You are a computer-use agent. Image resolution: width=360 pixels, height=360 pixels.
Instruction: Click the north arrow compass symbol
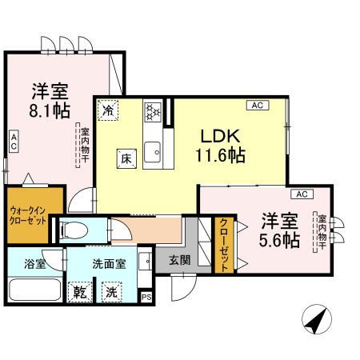click(315, 323)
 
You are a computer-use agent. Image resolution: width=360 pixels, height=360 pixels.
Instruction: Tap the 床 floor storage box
click(126, 158)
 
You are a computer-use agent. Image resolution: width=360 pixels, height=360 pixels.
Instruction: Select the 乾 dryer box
click(79, 292)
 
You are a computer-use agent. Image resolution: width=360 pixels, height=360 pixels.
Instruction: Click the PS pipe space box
click(146, 296)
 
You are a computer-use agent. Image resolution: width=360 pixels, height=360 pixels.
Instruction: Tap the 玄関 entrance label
click(178, 260)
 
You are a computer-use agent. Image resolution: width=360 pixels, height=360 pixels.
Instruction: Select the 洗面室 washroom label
click(106, 262)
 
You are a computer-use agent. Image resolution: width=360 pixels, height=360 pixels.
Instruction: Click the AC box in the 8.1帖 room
click(14, 142)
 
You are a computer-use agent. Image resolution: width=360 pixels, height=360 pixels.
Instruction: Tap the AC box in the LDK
click(257, 105)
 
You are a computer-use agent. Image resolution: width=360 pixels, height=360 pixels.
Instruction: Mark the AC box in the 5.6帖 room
click(302, 194)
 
